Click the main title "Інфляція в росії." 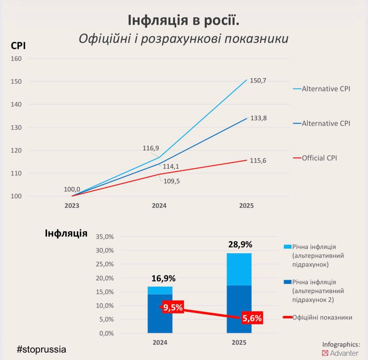click(x=183, y=20)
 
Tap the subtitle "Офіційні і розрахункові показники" click(x=183, y=39)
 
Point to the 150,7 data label click(x=258, y=81)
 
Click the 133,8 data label click(x=258, y=118)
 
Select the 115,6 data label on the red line click(x=258, y=161)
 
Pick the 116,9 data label click(x=151, y=148)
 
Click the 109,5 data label click(x=171, y=181)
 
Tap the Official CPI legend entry click(x=319, y=158)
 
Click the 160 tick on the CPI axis click(x=16, y=59)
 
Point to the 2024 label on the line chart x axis click(x=159, y=206)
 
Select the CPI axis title click(x=18, y=46)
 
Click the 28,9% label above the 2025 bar click(x=240, y=244)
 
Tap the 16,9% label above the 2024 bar click(x=163, y=278)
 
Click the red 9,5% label click(x=173, y=308)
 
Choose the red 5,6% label click(x=252, y=318)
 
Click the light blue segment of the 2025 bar click(x=239, y=269)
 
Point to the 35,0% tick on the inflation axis click(x=105, y=237)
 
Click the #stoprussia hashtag click(x=42, y=349)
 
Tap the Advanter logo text click(x=344, y=353)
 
